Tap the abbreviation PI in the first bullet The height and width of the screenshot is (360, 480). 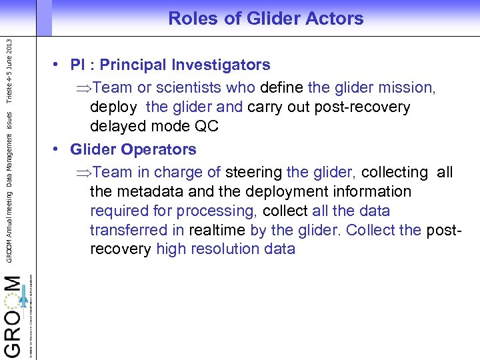[x=79, y=65]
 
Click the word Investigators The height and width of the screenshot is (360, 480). [x=221, y=65]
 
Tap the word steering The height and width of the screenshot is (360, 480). [x=254, y=172]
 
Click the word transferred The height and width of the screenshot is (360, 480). [x=129, y=230]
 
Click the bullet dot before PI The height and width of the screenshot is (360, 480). [x=59, y=65]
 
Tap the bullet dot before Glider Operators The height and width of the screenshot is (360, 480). [x=59, y=149]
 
